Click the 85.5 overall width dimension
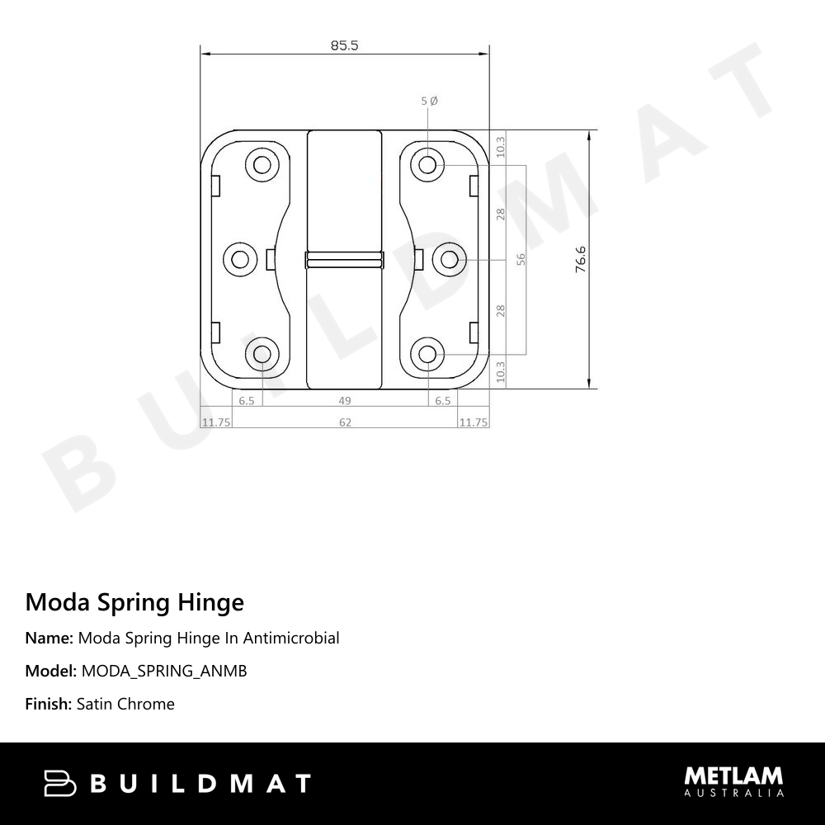coord(344,45)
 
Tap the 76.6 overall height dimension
coord(580,259)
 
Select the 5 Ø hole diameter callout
coord(429,101)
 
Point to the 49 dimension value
coord(345,401)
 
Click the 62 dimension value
coord(345,422)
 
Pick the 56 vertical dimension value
coord(521,259)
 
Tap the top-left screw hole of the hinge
coord(262,165)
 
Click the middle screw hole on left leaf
coord(240,259)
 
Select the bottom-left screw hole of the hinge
coord(262,354)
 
